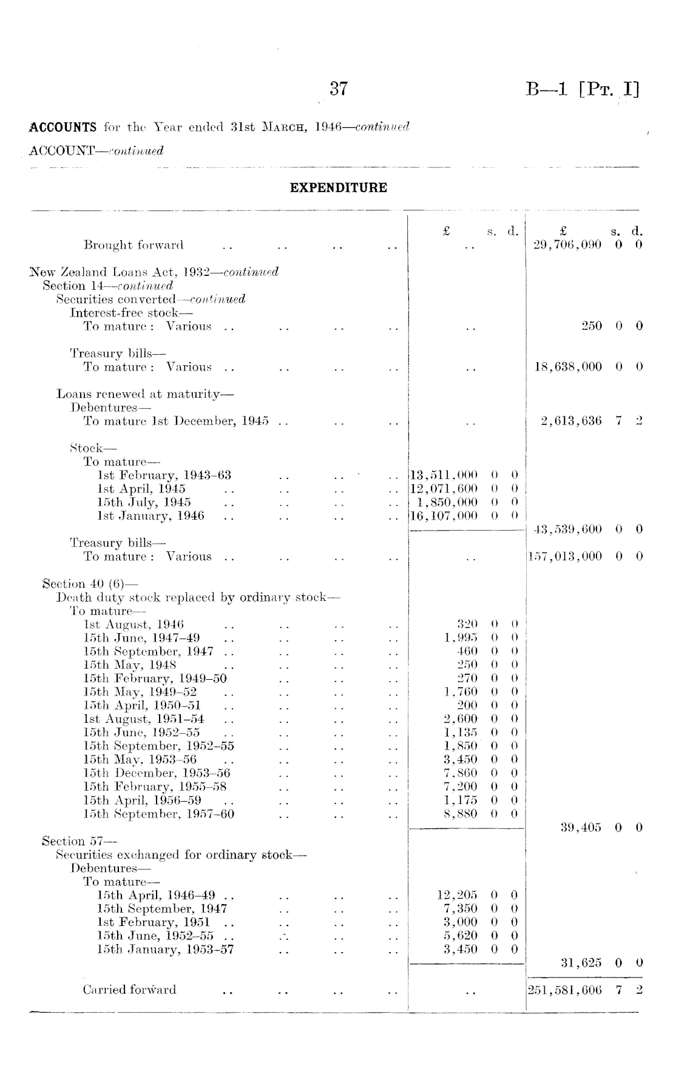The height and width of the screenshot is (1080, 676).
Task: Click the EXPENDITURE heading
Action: coord(338,188)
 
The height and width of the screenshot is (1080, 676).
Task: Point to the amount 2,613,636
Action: coord(571,421)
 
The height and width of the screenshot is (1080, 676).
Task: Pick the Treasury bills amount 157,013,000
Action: coord(565,556)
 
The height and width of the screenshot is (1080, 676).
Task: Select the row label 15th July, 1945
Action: coord(144,502)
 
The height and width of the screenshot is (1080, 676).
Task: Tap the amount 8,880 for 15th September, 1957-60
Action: coord(461,814)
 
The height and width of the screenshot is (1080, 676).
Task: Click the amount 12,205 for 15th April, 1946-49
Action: coord(457,895)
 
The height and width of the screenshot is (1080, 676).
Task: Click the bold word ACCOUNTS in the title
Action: coord(63,128)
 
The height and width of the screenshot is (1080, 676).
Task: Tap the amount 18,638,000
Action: coord(568,367)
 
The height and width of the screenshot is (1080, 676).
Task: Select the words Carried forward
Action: coord(129,990)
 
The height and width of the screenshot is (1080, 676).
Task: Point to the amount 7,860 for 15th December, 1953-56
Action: coord(461,773)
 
